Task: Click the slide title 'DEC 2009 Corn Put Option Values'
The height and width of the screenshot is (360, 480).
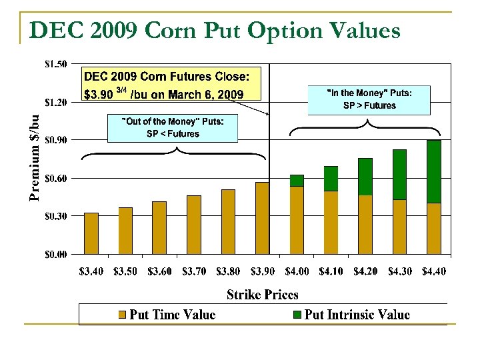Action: tap(215, 30)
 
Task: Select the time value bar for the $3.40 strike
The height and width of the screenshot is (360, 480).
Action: tap(91, 234)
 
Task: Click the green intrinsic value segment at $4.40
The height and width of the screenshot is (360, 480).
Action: tap(433, 172)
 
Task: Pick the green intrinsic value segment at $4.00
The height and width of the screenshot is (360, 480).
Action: tap(297, 181)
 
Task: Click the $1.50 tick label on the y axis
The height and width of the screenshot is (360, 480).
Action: tap(55, 64)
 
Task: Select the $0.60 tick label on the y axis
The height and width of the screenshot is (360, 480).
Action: tap(55, 178)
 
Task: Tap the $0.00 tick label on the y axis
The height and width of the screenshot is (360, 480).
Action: tap(55, 254)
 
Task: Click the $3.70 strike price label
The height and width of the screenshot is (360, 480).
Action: tap(194, 271)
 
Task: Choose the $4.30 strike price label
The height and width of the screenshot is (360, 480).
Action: tap(399, 271)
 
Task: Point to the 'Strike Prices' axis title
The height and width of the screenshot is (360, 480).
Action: tap(263, 294)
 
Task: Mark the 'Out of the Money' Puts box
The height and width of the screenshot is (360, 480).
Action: tap(173, 127)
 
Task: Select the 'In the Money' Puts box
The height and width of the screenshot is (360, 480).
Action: tap(369, 99)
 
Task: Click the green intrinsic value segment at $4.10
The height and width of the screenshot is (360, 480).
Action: tap(331, 179)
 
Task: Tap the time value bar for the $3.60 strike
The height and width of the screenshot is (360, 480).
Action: tap(159, 228)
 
